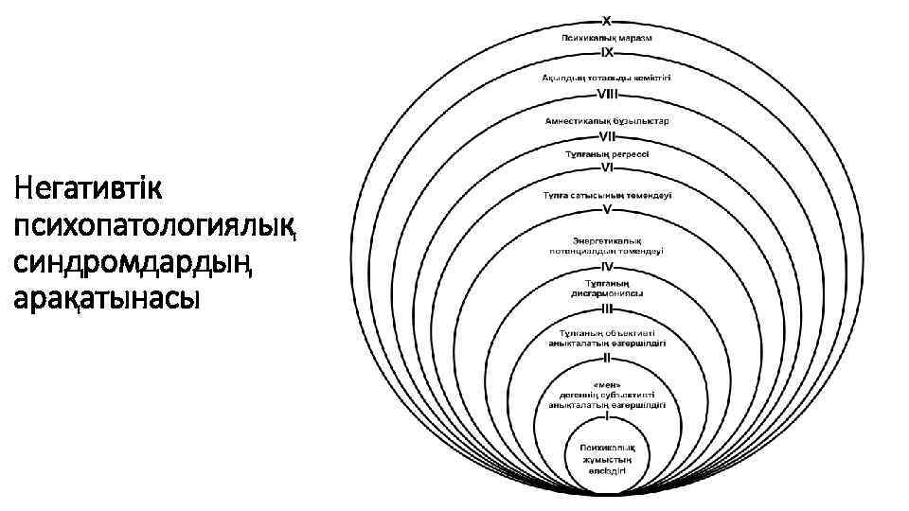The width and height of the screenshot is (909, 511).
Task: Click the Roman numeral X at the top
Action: click(607, 20)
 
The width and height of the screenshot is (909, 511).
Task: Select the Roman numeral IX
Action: click(607, 54)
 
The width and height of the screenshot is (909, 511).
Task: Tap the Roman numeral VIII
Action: click(607, 94)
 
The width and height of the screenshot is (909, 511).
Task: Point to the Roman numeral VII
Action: click(607, 136)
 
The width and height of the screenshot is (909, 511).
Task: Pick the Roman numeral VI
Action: click(607, 167)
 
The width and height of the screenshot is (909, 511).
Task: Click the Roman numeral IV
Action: click(607, 267)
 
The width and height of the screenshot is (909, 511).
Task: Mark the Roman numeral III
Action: click(607, 308)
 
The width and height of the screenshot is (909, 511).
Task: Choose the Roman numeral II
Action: click(607, 359)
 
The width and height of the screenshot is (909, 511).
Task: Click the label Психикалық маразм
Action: click(607, 36)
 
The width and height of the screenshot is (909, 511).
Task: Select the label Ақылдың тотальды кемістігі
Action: click(607, 77)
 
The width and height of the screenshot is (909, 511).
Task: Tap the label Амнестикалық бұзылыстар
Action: click(607, 120)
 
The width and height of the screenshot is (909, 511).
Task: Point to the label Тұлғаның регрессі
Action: click(607, 152)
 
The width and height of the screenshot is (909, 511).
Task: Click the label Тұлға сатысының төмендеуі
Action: click(607, 195)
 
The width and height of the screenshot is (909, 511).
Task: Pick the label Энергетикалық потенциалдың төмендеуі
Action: click(607, 245)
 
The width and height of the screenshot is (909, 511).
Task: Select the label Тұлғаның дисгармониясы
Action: click(607, 288)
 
